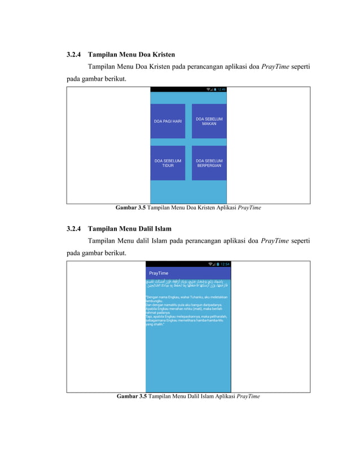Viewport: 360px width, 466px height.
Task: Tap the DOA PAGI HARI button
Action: (x=168, y=121)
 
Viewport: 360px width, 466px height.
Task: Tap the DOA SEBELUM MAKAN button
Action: (x=209, y=121)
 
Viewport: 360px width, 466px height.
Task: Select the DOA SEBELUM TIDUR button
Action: (x=168, y=163)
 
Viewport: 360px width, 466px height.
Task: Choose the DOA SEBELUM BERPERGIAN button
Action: (x=209, y=163)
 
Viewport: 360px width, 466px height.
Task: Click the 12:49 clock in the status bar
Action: (x=222, y=89)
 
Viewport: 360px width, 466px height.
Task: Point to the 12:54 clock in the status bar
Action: (x=225, y=264)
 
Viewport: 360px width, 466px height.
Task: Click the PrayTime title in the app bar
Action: (x=159, y=273)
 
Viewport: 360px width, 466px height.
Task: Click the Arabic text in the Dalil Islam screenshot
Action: (x=188, y=283)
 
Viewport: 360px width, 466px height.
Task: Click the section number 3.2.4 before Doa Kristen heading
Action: (x=73, y=55)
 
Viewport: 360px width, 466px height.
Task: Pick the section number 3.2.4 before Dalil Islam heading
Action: (x=73, y=229)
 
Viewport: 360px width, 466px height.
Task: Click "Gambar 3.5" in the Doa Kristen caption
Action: (x=130, y=208)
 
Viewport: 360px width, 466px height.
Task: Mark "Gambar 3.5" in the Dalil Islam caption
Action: (x=131, y=397)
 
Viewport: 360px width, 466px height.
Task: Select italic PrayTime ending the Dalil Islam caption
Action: (x=248, y=397)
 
